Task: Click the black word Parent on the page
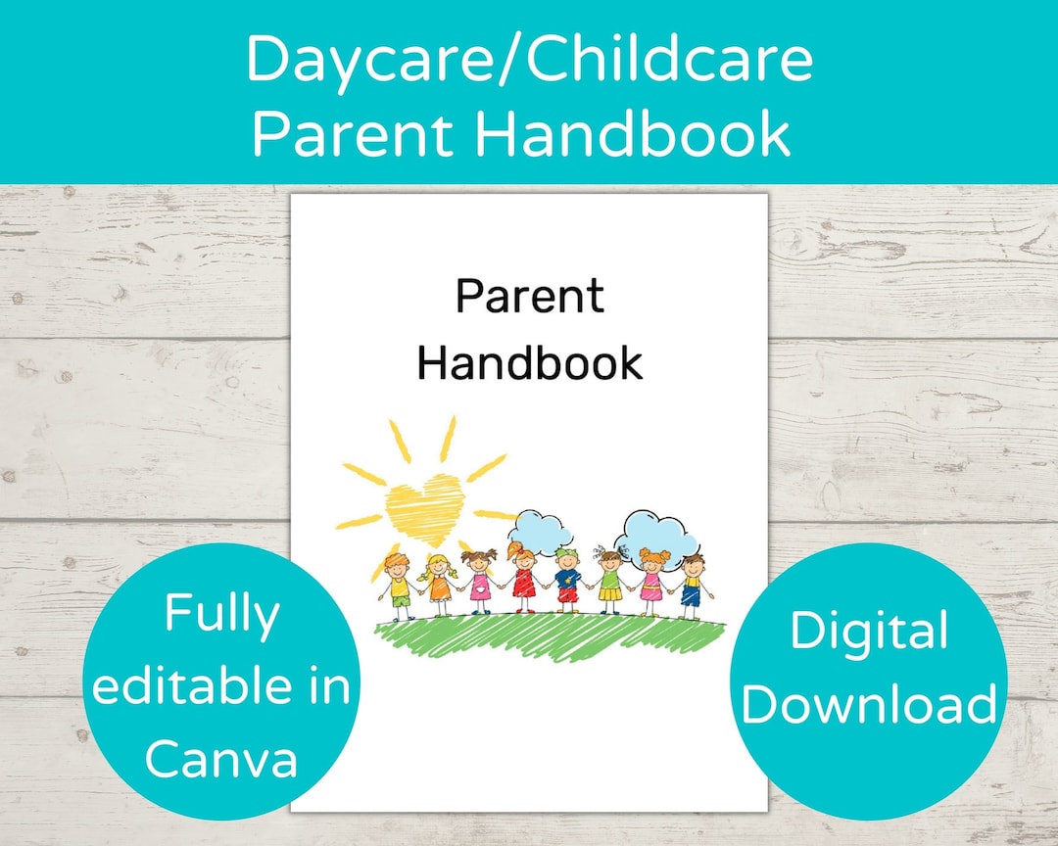pyautogui.click(x=529, y=297)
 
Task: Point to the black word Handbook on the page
pyautogui.click(x=529, y=362)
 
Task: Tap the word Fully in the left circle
pyautogui.click(x=221, y=615)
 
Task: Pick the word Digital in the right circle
pyautogui.click(x=868, y=632)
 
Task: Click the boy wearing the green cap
pyautogui.click(x=567, y=584)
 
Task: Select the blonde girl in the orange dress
pyautogui.click(x=439, y=585)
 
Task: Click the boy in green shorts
pyautogui.click(x=398, y=587)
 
